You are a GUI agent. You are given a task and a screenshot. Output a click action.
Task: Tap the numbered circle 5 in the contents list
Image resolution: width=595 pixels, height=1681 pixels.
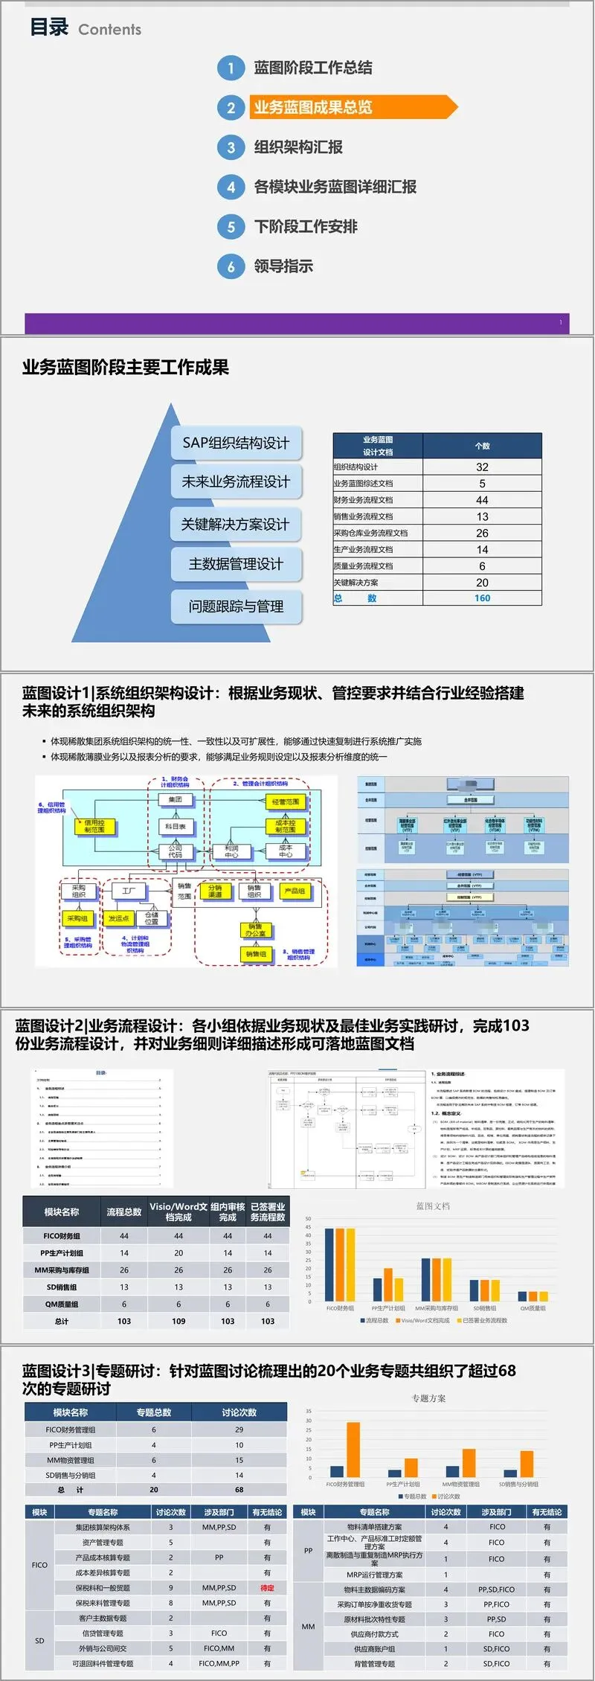[x=231, y=226]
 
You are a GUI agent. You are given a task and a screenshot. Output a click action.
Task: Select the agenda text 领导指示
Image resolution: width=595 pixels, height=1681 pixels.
[x=283, y=266]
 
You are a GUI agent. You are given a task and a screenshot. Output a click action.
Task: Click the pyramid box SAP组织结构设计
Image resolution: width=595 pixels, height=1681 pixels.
[x=236, y=443]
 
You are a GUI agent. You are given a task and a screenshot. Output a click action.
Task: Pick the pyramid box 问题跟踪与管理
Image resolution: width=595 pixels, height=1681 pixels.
[x=236, y=606]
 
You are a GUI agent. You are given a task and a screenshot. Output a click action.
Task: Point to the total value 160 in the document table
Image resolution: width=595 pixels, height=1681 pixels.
[x=482, y=598]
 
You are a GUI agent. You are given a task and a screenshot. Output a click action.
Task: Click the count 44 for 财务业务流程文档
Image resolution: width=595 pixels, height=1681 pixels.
[x=482, y=500]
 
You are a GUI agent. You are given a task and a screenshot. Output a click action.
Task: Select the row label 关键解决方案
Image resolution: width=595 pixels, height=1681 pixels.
[x=356, y=583]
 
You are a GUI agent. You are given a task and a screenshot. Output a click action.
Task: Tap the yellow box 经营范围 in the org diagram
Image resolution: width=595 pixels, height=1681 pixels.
[x=286, y=801]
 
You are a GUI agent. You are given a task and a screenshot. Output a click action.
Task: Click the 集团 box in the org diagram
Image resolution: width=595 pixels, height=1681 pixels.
[x=176, y=799]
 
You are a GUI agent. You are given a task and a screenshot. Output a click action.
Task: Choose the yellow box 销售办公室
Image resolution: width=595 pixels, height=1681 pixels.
[x=255, y=929]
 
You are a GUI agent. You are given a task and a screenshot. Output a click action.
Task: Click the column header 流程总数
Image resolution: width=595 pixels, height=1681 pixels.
[x=124, y=1211]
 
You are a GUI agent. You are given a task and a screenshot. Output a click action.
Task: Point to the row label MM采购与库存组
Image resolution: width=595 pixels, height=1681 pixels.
[x=62, y=1269]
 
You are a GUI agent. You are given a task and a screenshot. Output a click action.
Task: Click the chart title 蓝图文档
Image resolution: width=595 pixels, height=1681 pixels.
[x=432, y=1205]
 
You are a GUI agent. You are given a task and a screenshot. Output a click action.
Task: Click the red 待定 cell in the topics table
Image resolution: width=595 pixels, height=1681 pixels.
[x=267, y=1587]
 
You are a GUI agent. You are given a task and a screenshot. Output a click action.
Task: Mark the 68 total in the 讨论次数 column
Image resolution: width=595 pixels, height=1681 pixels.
[x=239, y=1490]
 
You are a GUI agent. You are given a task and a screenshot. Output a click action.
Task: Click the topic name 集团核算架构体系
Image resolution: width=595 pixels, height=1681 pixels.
[x=103, y=1527]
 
